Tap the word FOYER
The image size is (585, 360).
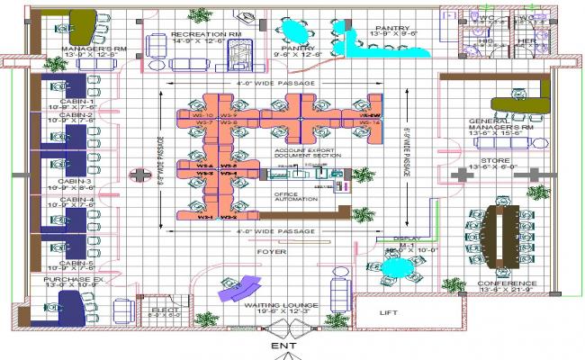point(271,252)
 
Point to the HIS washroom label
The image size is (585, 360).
point(486,40)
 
